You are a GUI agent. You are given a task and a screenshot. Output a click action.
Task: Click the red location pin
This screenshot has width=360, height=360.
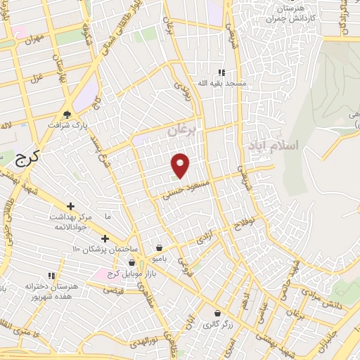pos(181,164)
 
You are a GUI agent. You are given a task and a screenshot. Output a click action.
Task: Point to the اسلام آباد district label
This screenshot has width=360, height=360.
pos(273,145)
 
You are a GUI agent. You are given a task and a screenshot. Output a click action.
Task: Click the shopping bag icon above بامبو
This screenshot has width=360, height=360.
pos(160,247)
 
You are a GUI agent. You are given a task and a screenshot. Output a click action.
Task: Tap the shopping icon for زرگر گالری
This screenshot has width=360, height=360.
pos(217,313)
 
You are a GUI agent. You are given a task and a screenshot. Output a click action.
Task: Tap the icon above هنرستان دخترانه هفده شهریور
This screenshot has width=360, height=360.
pos(50,275)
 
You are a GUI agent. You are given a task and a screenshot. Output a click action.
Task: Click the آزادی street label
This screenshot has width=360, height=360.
pos(203,237)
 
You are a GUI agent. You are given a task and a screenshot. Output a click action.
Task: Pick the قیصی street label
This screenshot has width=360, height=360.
pos(113,290)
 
